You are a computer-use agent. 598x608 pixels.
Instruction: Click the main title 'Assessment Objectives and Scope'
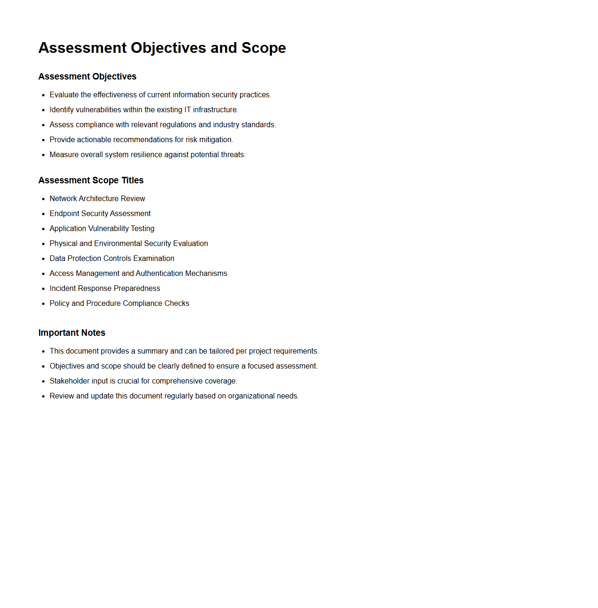click(x=162, y=48)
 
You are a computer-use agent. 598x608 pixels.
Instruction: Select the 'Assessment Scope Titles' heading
click(x=91, y=180)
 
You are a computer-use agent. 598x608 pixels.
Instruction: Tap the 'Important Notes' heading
click(x=72, y=333)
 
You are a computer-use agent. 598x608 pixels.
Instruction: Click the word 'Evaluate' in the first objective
click(x=64, y=94)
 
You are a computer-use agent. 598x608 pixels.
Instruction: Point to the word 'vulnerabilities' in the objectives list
click(x=99, y=109)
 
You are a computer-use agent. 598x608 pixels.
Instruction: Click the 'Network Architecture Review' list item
click(x=97, y=198)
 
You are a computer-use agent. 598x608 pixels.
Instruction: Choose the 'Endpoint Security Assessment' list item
click(x=100, y=213)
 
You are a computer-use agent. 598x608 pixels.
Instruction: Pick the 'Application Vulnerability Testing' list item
click(x=102, y=228)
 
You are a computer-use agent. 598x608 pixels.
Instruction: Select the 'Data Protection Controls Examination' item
click(x=112, y=258)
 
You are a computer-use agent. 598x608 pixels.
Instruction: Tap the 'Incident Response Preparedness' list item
click(x=105, y=288)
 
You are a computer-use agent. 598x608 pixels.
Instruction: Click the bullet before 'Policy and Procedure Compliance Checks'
click(x=43, y=304)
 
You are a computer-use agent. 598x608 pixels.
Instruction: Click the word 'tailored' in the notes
click(x=222, y=351)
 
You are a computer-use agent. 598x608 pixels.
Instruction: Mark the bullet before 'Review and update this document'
click(x=43, y=396)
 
